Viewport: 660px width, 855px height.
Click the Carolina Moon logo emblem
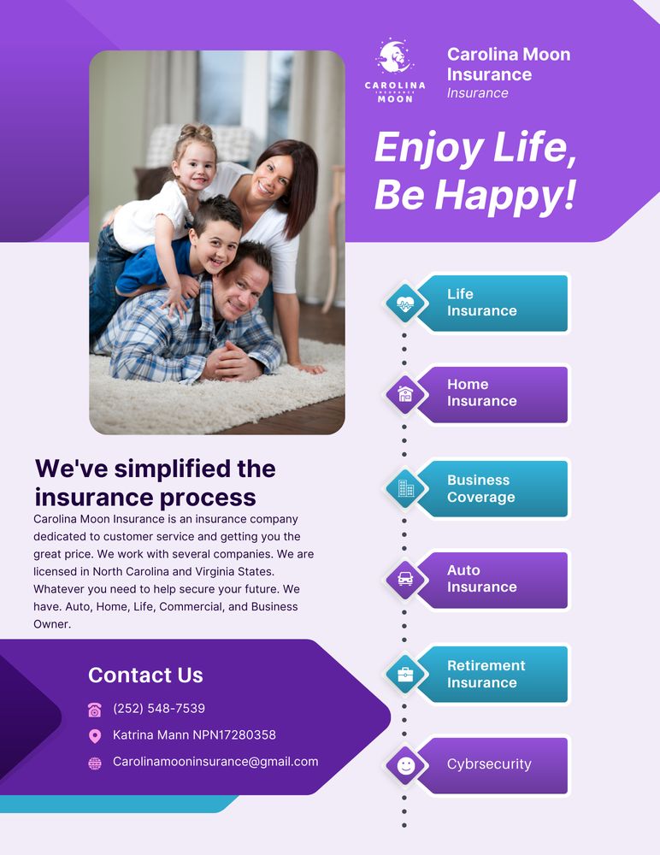point(395,58)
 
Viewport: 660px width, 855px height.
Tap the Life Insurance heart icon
point(405,303)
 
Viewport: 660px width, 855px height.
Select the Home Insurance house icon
point(405,394)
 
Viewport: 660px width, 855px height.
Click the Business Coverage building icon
point(405,488)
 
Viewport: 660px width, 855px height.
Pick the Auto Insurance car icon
point(405,579)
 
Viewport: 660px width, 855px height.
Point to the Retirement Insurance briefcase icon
point(405,674)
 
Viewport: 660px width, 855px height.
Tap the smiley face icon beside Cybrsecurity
point(405,765)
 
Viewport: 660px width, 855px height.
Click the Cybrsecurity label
point(489,764)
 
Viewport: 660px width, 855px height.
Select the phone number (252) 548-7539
point(159,709)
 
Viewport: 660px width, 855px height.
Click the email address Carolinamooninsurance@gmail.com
point(215,762)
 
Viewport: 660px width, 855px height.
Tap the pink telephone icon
point(95,710)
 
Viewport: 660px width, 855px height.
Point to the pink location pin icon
point(95,736)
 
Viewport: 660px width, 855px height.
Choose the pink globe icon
point(95,764)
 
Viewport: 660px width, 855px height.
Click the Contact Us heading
point(145,675)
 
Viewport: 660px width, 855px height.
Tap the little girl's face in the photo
point(196,166)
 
